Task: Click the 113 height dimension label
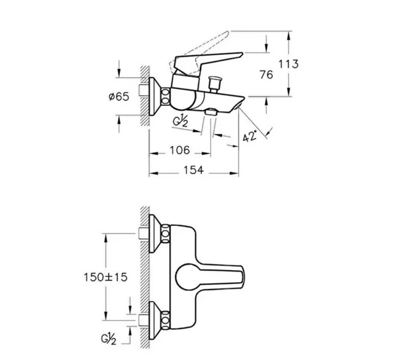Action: tap(288, 64)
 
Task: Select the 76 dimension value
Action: tap(266, 74)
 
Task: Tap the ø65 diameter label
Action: tap(119, 97)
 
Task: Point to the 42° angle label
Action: tap(249, 136)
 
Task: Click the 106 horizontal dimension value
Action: tap(180, 150)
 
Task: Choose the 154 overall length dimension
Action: tap(193, 170)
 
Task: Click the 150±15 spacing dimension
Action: tap(105, 278)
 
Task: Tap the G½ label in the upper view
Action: tap(180, 122)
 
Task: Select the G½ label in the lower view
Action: tap(109, 339)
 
